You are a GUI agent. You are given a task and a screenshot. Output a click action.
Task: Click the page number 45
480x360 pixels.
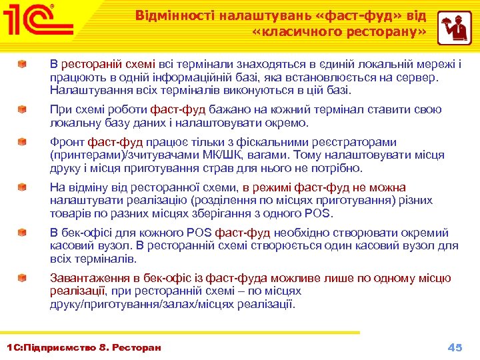click(x=455, y=347)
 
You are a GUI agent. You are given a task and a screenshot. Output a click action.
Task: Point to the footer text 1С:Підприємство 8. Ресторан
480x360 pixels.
click(x=83, y=347)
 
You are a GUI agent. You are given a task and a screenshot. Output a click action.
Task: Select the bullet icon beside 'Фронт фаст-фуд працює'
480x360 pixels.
click(x=23, y=142)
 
